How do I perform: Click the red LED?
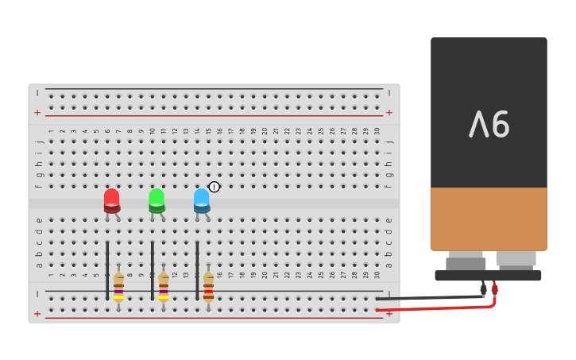[x=111, y=199]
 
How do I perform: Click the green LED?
[x=157, y=199]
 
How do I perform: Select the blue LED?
[x=202, y=199]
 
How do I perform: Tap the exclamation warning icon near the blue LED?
[x=215, y=187]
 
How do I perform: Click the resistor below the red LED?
[x=118, y=287]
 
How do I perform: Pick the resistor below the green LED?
[x=164, y=287]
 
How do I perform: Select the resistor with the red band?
[x=208, y=287]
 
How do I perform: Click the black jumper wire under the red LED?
[x=107, y=270]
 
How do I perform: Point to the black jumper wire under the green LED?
[x=153, y=270]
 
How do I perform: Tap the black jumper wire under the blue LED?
[x=197, y=270]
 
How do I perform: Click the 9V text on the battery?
[x=489, y=124]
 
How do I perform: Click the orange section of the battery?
[x=489, y=219]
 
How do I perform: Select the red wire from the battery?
[x=437, y=307]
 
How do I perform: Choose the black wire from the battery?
[x=429, y=298]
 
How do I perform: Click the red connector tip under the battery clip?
[x=494, y=289]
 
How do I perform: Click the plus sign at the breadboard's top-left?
[x=37, y=112]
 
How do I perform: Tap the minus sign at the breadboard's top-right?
[x=389, y=93]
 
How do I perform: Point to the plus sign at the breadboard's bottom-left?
[x=37, y=313]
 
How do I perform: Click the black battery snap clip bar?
[x=488, y=276]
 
